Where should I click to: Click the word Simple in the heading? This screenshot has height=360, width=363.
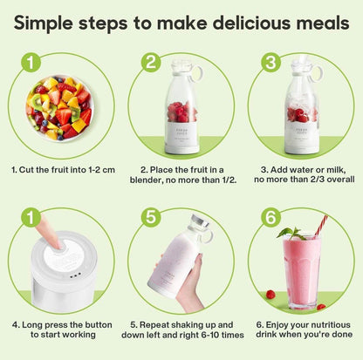[54, 23]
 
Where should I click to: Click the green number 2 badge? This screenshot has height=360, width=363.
[152, 63]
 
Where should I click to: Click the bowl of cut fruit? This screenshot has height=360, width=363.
[59, 107]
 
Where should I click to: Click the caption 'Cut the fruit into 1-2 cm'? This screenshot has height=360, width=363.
[60, 169]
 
